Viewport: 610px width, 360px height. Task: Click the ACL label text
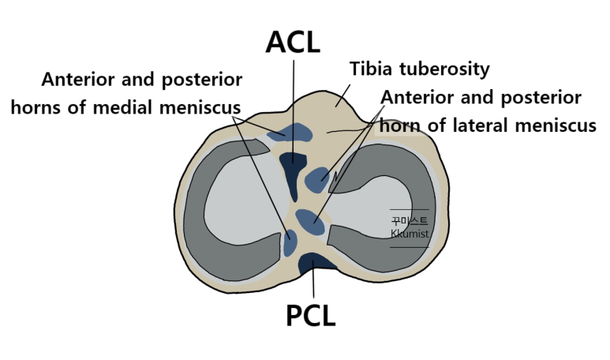(x=293, y=41)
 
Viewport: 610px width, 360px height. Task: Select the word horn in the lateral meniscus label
(x=400, y=125)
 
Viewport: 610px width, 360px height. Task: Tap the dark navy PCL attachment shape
(x=313, y=264)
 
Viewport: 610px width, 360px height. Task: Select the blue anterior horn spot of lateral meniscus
(x=318, y=179)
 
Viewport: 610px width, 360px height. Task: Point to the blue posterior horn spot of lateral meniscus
(x=309, y=221)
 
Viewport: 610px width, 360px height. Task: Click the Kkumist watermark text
(x=409, y=234)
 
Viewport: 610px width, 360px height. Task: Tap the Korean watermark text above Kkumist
(x=409, y=221)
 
